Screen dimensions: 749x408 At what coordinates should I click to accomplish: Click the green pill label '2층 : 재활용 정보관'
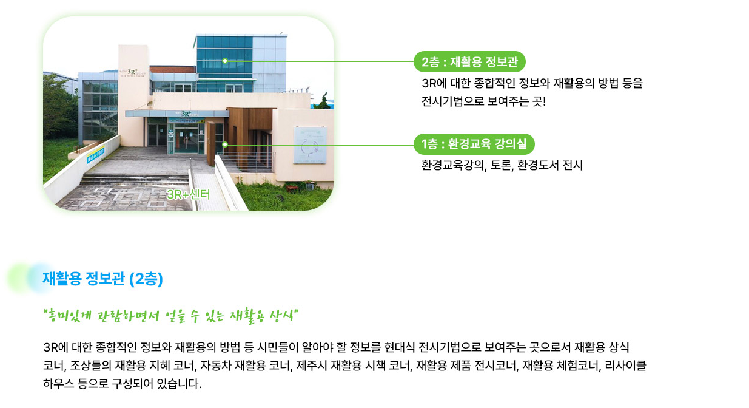tap(469, 61)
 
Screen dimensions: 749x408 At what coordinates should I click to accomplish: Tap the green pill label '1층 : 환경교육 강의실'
tap(474, 144)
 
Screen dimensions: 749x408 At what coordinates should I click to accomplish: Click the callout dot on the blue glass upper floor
tap(225, 61)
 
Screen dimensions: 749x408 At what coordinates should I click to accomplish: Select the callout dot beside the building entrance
tap(225, 144)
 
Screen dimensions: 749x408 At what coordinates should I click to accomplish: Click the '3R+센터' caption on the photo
tap(188, 194)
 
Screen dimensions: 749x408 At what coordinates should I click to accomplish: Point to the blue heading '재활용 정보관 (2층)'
tap(102, 279)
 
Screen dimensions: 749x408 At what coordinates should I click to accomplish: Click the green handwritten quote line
tap(171, 316)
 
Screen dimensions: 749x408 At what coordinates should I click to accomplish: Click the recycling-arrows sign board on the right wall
tap(310, 145)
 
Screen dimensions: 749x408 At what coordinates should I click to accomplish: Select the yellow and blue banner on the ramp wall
tap(96, 155)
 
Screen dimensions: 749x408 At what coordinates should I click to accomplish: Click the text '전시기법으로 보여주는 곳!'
tap(483, 101)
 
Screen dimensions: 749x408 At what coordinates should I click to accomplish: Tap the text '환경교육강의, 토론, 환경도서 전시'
tap(502, 165)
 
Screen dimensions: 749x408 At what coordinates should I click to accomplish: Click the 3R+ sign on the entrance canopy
tap(184, 114)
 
